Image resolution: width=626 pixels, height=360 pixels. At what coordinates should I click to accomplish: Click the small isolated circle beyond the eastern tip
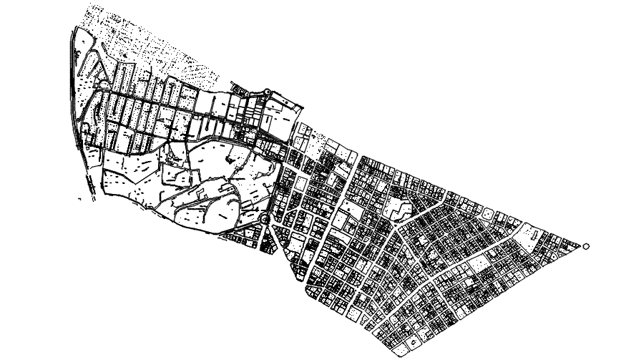tap(587, 246)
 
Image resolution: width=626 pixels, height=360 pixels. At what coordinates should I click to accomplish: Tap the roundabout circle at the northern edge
tap(268, 92)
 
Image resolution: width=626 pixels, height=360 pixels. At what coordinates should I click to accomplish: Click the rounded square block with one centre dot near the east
tap(487, 213)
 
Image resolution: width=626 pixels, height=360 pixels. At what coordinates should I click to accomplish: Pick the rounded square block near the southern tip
tap(356, 312)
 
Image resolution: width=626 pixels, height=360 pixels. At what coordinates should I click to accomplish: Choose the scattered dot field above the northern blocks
tap(165, 50)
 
